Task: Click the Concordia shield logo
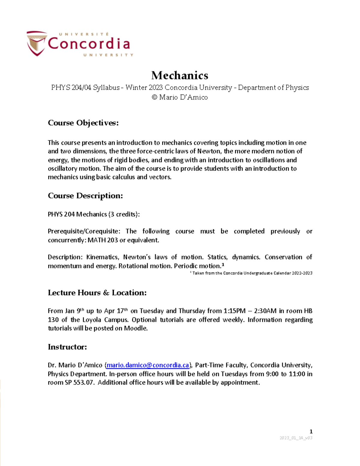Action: tap(37, 43)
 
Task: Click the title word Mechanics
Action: tap(180, 75)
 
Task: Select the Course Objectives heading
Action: tap(83, 123)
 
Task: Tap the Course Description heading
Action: tap(85, 196)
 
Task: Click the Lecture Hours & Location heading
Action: tap(97, 293)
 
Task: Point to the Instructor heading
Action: tap(67, 347)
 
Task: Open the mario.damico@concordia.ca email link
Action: tap(148, 365)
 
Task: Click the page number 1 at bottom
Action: tap(311, 431)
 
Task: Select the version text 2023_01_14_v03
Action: tap(296, 438)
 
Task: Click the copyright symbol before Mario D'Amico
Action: tap(154, 97)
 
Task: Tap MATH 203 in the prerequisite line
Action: tap(103, 240)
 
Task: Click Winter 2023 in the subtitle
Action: tap(144, 88)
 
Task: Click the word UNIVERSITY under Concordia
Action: tap(108, 55)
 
